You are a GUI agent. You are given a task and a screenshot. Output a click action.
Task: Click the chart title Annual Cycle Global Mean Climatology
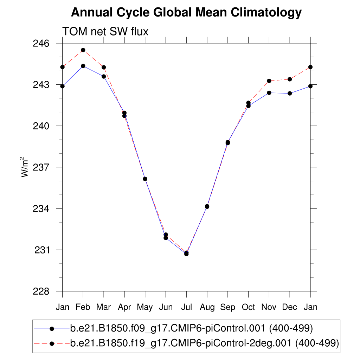pos(186,13)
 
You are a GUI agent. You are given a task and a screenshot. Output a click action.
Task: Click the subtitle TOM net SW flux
pos(105,32)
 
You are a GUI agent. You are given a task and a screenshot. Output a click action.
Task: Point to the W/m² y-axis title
pos(25,167)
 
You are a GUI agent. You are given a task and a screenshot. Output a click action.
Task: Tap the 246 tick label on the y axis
pos(42,44)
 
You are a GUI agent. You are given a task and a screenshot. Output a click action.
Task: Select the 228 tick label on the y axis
pos(42,291)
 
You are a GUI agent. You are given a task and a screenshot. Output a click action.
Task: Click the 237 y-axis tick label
pos(42,167)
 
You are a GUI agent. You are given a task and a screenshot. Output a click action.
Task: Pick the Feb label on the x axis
pos(83,307)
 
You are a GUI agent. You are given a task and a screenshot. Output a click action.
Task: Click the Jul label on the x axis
pos(186,307)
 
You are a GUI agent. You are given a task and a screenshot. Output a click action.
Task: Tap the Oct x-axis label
pos(248,307)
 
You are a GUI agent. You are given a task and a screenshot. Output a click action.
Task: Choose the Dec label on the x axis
pos(290,307)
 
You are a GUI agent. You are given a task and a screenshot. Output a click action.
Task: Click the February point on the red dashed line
pos(83,50)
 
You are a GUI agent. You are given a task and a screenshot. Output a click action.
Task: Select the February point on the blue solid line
pos(83,66)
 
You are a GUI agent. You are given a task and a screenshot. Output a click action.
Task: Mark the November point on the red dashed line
pos(269,81)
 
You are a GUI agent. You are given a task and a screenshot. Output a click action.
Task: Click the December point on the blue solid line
pos(290,93)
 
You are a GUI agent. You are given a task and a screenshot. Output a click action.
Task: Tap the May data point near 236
pos(145,179)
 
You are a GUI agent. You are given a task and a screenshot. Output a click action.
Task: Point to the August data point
pos(207,206)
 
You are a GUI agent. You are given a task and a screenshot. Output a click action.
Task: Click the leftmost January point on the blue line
pos(62,86)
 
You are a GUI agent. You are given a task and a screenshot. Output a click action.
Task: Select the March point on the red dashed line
pos(104,67)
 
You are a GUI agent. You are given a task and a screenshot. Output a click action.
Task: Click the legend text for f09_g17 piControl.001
pos(192,329)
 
